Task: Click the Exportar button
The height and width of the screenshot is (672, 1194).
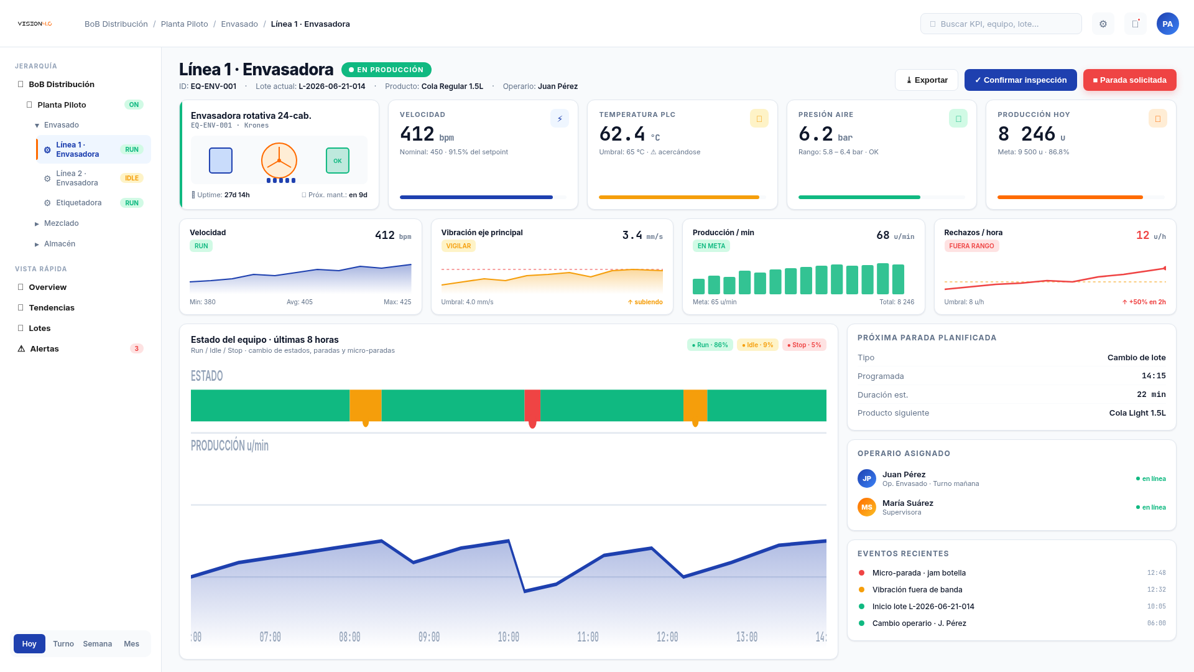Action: [x=927, y=80]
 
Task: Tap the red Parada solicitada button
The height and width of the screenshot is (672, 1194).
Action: [x=1129, y=80]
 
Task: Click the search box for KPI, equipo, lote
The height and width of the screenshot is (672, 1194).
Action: [x=1001, y=24]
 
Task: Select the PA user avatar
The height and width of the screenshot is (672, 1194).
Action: [x=1167, y=24]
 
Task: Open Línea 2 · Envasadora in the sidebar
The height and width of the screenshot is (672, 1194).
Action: [x=77, y=178]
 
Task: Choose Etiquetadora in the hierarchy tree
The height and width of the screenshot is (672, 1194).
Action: [x=79, y=203]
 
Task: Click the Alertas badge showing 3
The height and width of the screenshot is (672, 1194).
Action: [x=137, y=348]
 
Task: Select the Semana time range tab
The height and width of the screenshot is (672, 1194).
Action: [x=98, y=644]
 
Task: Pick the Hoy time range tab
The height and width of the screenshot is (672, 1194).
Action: [x=29, y=644]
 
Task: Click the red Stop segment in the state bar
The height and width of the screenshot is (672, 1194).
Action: [x=532, y=405]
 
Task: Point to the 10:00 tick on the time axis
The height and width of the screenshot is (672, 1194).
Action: [x=508, y=637]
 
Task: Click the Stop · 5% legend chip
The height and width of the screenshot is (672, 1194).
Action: [x=804, y=345]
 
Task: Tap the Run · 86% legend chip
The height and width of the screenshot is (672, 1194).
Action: [x=710, y=345]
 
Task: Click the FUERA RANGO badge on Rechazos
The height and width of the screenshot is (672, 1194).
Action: [x=971, y=246]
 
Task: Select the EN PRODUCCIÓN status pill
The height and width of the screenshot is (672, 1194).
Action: [x=386, y=70]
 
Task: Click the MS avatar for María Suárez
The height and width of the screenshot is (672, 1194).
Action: [x=867, y=507]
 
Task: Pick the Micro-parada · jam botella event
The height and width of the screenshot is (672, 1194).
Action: [x=919, y=573]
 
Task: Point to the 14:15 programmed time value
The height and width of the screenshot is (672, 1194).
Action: [x=1154, y=376]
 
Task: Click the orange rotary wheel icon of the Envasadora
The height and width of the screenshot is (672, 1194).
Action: [x=279, y=161]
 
